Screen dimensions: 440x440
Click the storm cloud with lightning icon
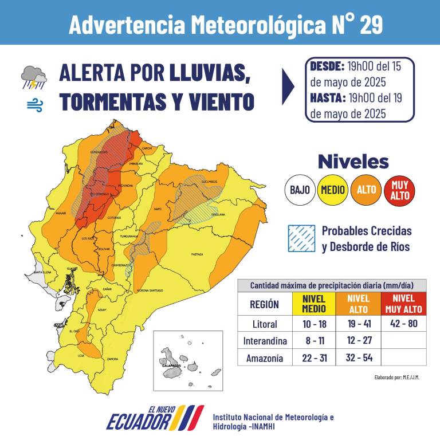coord(34,77)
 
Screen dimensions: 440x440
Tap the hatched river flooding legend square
coord(301,238)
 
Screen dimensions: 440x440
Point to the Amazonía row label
coord(265,358)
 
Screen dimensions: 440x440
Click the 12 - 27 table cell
coord(359,341)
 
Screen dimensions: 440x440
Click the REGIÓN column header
coord(265,304)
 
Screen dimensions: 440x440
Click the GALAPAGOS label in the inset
coord(171,365)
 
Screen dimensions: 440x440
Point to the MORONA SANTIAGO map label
coord(151,291)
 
